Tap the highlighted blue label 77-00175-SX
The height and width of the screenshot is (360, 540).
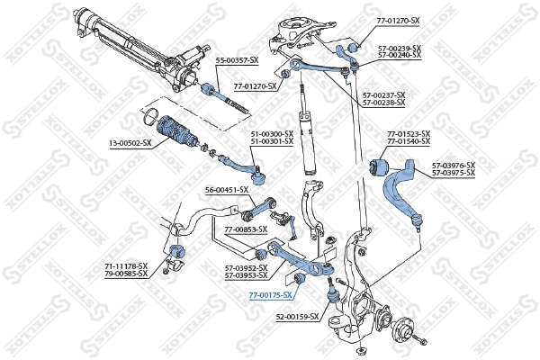tap(271, 294)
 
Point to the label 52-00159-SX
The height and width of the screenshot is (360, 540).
tap(297, 317)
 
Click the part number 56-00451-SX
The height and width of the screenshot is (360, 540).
tap(226, 190)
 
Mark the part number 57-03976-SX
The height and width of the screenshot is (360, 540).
tap(453, 165)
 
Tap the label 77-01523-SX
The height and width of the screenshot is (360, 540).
tap(409, 134)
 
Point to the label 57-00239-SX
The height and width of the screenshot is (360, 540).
tap(399, 48)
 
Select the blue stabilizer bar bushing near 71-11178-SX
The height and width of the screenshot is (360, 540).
tap(175, 249)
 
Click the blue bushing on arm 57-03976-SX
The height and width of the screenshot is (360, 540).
tap(380, 166)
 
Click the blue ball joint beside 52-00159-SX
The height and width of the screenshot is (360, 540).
tap(332, 290)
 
